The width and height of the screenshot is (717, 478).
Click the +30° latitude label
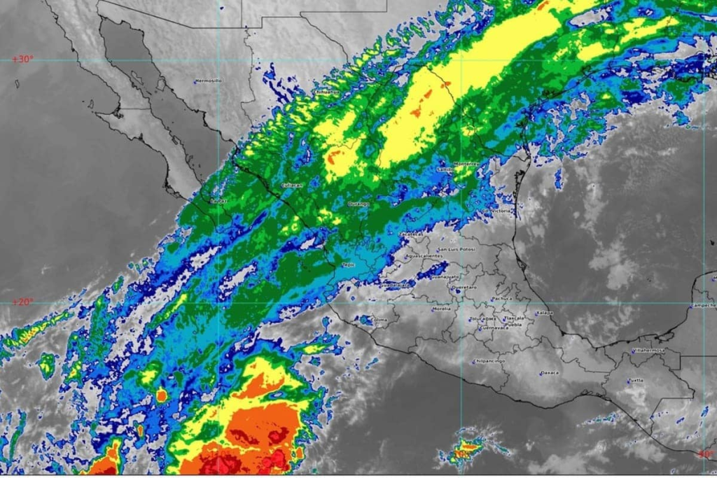pyautogui.click(x=22, y=59)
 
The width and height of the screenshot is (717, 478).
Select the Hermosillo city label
pyautogui.click(x=209, y=80)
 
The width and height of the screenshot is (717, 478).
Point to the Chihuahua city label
pyautogui.click(x=326, y=92)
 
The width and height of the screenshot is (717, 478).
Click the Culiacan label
pyautogui.click(x=291, y=185)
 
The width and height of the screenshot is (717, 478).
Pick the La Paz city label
pyautogui.click(x=219, y=201)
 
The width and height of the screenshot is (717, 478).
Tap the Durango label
pyautogui.click(x=358, y=204)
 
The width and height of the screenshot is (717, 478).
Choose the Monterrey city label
pyautogui.click(x=466, y=163)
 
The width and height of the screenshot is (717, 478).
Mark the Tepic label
pyautogui.click(x=348, y=265)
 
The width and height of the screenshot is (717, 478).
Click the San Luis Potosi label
pyautogui.click(x=457, y=248)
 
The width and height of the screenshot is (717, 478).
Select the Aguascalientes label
pyautogui.click(x=424, y=256)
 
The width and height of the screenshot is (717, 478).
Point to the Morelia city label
pyautogui.click(x=442, y=308)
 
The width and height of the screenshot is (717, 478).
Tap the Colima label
pyautogui.click(x=380, y=321)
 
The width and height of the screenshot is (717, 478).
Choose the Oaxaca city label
pyautogui.click(x=549, y=372)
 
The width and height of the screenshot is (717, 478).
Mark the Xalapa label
pyautogui.click(x=544, y=313)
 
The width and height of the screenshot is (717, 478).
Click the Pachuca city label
pyautogui.click(x=501, y=298)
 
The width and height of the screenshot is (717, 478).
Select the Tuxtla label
pyautogui.click(x=635, y=381)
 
